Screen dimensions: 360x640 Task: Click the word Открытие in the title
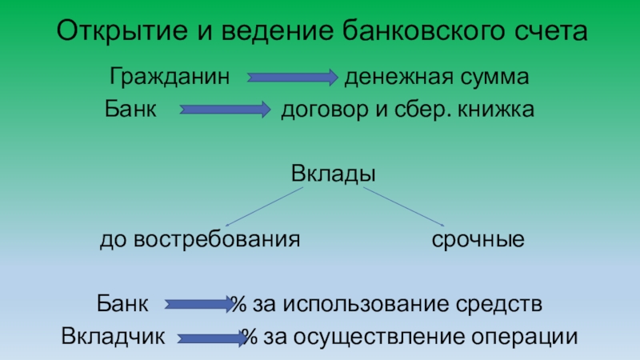(110, 33)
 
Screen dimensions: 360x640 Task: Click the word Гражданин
(170, 78)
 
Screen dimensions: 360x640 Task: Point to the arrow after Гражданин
(293, 78)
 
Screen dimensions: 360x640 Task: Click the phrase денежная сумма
(437, 78)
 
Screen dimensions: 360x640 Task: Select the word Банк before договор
(130, 108)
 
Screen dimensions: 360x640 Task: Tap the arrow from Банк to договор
(225, 109)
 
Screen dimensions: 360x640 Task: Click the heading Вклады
(333, 174)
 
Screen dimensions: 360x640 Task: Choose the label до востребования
(199, 239)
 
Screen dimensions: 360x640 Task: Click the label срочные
(478, 239)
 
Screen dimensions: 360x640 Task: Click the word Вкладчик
(113, 337)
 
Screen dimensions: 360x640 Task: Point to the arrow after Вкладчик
(212, 338)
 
